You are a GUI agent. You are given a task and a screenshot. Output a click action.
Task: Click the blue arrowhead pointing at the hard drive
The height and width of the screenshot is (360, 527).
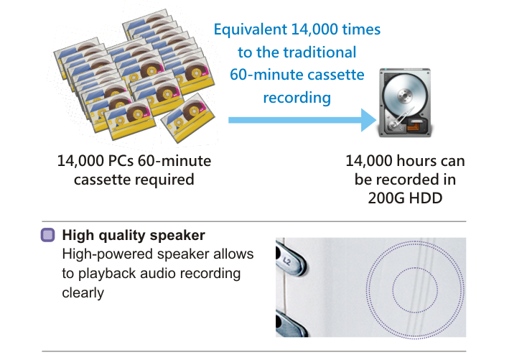click(x=369, y=120)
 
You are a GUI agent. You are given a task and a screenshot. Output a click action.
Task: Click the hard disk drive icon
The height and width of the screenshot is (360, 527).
click(x=405, y=103)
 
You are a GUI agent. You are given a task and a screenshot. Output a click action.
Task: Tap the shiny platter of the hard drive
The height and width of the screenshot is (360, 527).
click(x=405, y=96)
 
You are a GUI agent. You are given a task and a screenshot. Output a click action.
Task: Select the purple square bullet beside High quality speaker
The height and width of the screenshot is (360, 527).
click(x=47, y=235)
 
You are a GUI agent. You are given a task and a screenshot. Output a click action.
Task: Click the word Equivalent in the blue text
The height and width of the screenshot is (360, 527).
click(x=251, y=29)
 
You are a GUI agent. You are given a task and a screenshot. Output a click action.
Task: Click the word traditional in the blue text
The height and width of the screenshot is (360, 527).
click(x=320, y=52)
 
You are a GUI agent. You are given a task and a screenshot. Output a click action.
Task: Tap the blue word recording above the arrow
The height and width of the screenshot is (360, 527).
click(x=297, y=98)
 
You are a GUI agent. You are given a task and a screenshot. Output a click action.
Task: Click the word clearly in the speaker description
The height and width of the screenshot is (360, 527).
click(x=83, y=292)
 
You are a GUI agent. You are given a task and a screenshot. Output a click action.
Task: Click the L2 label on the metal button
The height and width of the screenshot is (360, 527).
click(x=286, y=260)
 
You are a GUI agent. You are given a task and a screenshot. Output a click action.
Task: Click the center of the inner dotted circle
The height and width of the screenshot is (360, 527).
click(x=415, y=290)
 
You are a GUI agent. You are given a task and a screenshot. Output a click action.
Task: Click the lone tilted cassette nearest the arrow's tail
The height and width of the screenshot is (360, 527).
click(x=188, y=118)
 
